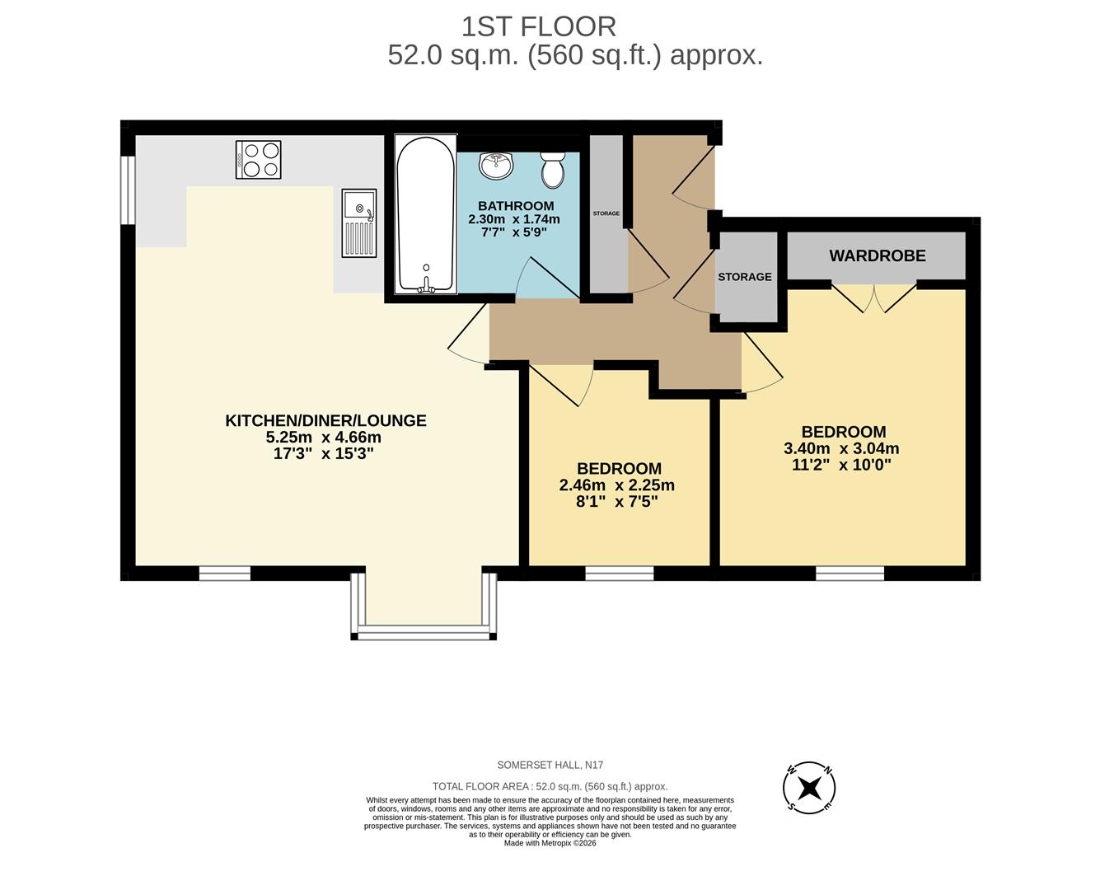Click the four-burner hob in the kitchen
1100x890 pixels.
(x=258, y=160)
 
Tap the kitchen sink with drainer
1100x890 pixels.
(x=359, y=222)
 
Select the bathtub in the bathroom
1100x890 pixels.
(x=425, y=214)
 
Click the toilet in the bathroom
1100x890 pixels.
(x=552, y=169)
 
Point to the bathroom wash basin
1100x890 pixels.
(x=497, y=165)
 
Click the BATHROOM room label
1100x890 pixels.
(x=516, y=206)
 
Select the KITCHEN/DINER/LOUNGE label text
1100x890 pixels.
(x=325, y=420)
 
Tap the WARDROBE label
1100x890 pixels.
(x=877, y=255)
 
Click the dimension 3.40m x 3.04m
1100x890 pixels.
(x=841, y=449)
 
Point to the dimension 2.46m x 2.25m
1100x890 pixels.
(x=616, y=485)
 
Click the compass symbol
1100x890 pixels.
(x=808, y=787)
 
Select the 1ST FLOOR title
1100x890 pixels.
(x=538, y=26)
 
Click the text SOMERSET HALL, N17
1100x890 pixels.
(x=550, y=766)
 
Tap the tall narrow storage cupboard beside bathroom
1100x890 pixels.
(x=606, y=213)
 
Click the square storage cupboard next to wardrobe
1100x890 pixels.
(x=745, y=277)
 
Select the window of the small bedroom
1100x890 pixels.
(x=620, y=573)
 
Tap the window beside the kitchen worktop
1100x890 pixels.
(x=128, y=190)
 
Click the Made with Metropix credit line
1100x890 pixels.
(x=550, y=843)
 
